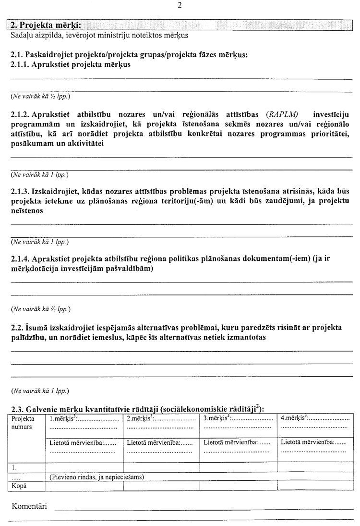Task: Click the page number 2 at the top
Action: tap(180, 6)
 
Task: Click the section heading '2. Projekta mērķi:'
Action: tap(46, 25)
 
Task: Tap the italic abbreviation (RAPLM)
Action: tap(281, 114)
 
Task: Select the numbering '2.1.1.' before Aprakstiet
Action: tap(22, 64)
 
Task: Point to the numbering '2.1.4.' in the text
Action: tap(22, 258)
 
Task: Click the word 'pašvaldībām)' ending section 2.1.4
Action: tap(130, 269)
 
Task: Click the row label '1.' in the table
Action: tap(14, 466)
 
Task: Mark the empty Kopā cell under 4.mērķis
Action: tap(315, 486)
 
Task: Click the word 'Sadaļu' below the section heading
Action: tap(21, 35)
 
